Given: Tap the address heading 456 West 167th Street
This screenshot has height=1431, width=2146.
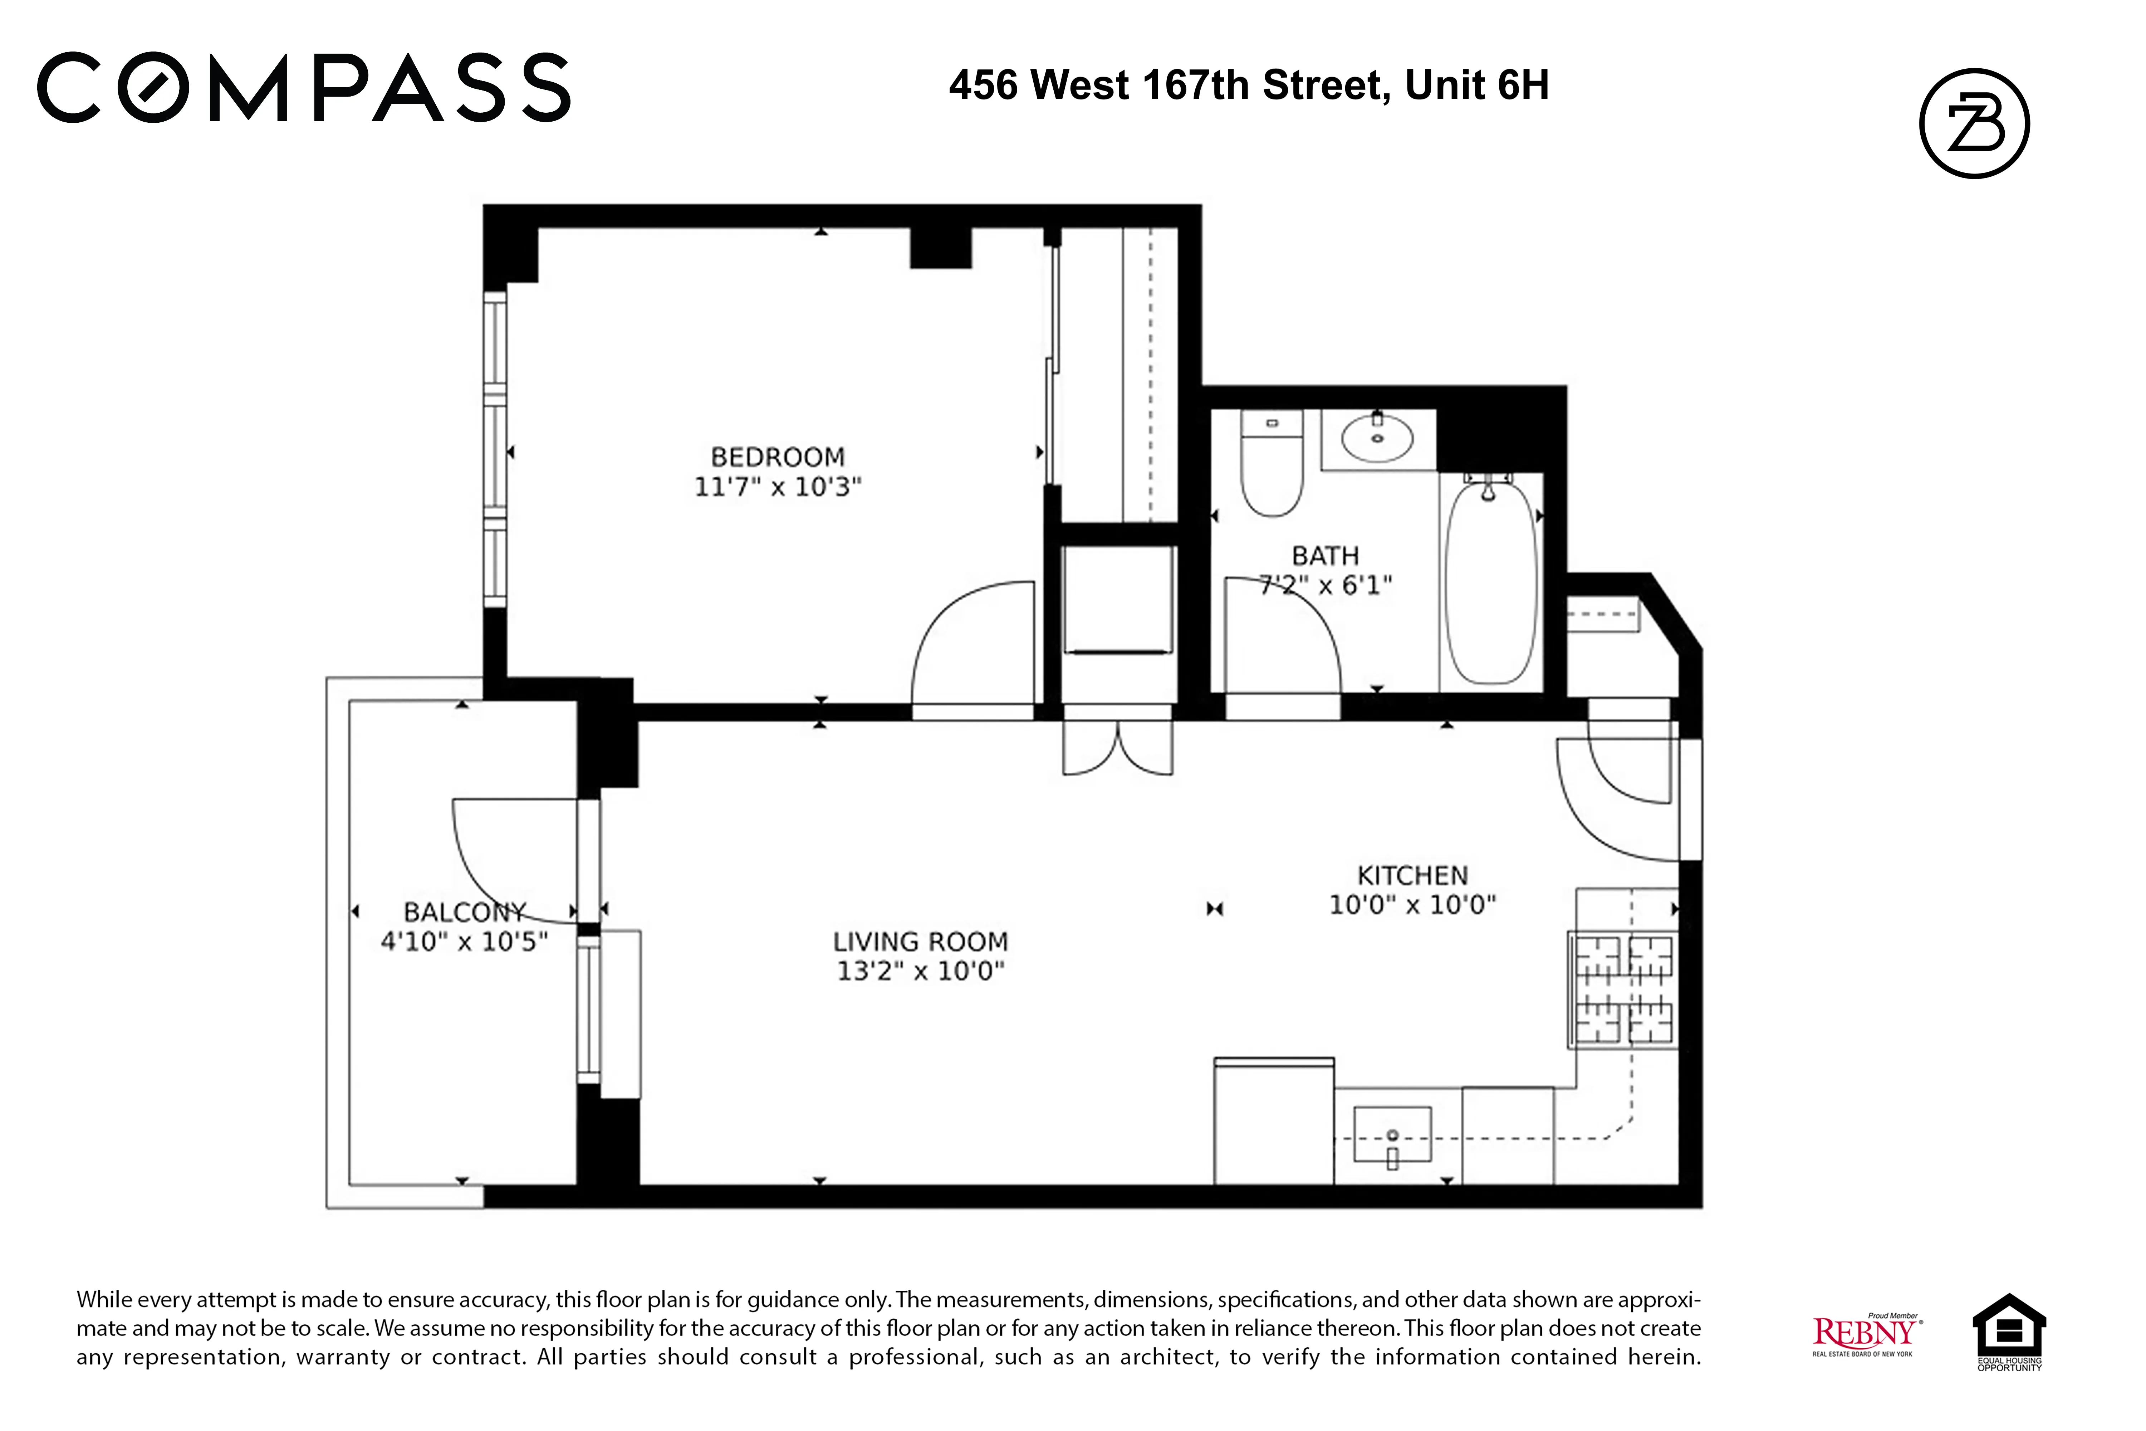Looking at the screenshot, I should click(x=1248, y=86).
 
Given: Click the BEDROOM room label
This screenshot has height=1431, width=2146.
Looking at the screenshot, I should click(x=777, y=456).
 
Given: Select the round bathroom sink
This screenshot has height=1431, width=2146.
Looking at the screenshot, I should click(x=1377, y=438).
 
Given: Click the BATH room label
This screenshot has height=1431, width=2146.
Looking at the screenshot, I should click(x=1325, y=556).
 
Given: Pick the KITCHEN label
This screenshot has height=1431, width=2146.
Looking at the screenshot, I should click(x=1412, y=875).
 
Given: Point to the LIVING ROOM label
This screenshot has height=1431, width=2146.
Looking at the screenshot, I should click(x=920, y=941).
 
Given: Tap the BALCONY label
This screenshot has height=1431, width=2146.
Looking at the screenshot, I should click(x=464, y=912).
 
